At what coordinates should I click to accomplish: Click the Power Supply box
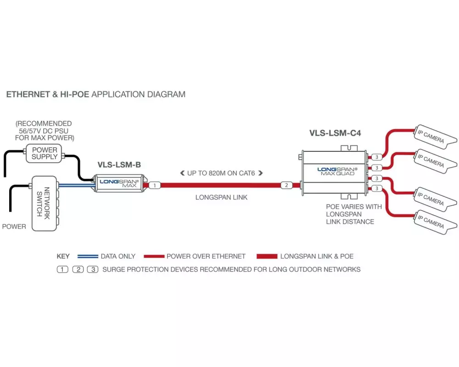pyautogui.click(x=45, y=153)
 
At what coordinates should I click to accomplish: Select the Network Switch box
pyautogui.click(x=44, y=203)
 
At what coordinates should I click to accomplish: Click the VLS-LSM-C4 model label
pyautogui.click(x=335, y=133)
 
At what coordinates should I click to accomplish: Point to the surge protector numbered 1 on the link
pyautogui.click(x=155, y=185)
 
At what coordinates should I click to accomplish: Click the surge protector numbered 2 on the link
pyautogui.click(x=286, y=185)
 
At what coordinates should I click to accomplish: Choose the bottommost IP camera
pyautogui.click(x=431, y=222)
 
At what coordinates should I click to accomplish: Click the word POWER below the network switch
pyautogui.click(x=14, y=227)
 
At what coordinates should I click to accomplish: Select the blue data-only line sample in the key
pyautogui.click(x=88, y=256)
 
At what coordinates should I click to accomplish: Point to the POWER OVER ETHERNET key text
pyautogui.click(x=206, y=256)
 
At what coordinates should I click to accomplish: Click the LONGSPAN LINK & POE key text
pyautogui.click(x=317, y=256)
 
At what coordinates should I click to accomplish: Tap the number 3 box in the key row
pyautogui.click(x=93, y=269)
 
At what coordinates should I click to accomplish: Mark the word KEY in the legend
pyautogui.click(x=63, y=256)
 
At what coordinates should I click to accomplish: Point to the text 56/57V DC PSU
pyautogui.click(x=45, y=131)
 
